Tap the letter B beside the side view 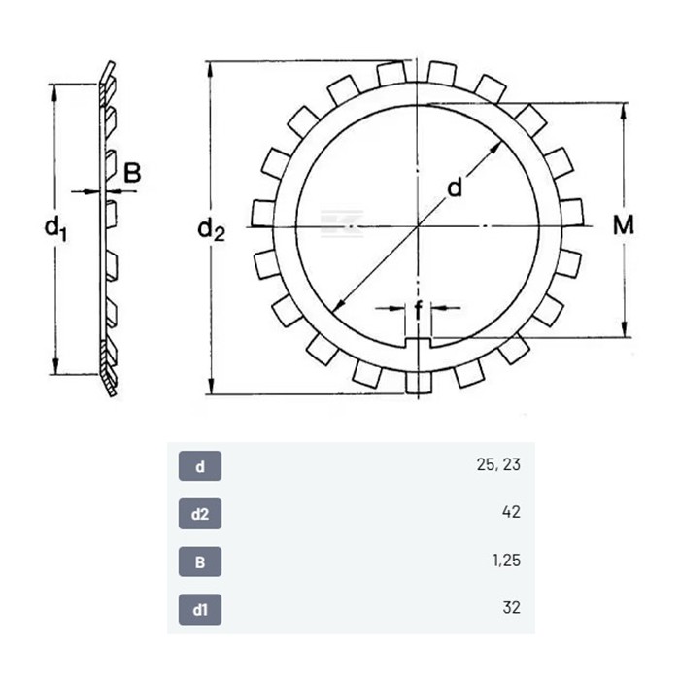click(x=132, y=173)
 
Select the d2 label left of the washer click(x=211, y=229)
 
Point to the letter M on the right click(x=624, y=225)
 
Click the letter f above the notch click(x=418, y=311)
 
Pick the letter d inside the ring click(x=455, y=187)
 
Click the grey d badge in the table click(x=200, y=466)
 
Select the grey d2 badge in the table click(x=200, y=514)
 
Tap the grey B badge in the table click(x=200, y=561)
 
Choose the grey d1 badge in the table click(x=200, y=610)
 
